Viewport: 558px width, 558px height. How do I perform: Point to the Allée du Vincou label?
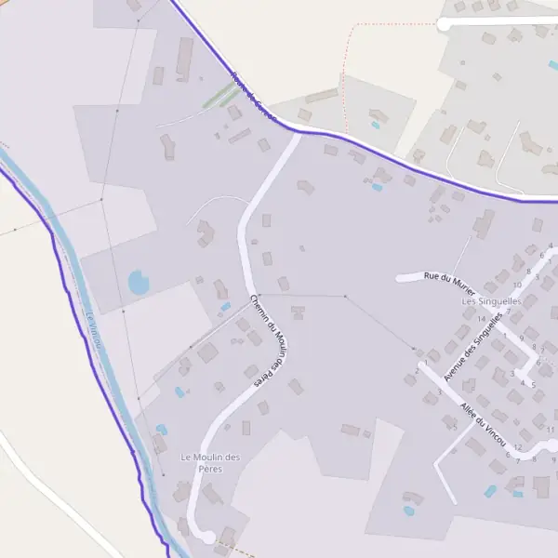click(485, 425)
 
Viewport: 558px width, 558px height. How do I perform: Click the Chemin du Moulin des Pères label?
click(266, 339)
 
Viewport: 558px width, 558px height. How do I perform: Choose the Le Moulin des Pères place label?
click(210, 462)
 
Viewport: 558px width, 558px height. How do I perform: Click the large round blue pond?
click(139, 282)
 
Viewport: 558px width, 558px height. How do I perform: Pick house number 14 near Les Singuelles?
click(481, 319)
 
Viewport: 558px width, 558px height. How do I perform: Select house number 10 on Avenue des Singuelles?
click(516, 285)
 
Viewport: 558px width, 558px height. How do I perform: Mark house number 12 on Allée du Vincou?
click(516, 446)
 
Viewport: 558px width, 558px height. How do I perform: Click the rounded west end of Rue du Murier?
click(401, 277)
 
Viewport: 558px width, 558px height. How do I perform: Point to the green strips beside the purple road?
click(219, 96)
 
